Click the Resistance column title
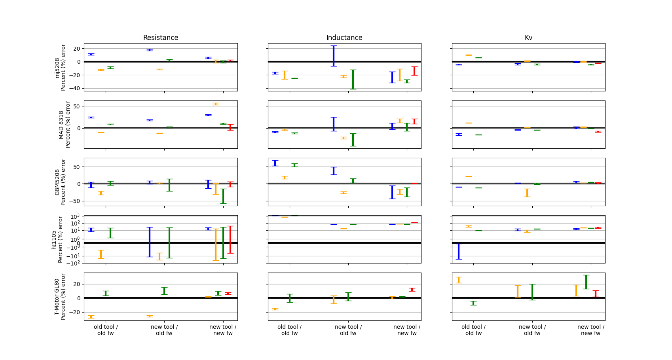tap(161, 38)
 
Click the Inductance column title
tap(344, 38)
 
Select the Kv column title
tap(528, 38)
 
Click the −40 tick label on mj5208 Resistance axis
tap(75, 88)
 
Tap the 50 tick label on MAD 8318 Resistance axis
tap(77, 106)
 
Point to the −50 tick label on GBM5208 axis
tap(75, 201)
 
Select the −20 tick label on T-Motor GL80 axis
tap(75, 312)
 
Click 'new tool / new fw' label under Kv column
tap(590, 330)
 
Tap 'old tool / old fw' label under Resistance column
tap(106, 330)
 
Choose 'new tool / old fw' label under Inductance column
tap(348, 330)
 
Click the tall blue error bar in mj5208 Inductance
tap(334, 56)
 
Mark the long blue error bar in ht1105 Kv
tap(459, 252)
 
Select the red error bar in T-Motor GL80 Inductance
tap(412, 290)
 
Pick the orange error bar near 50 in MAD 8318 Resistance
tap(216, 104)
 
